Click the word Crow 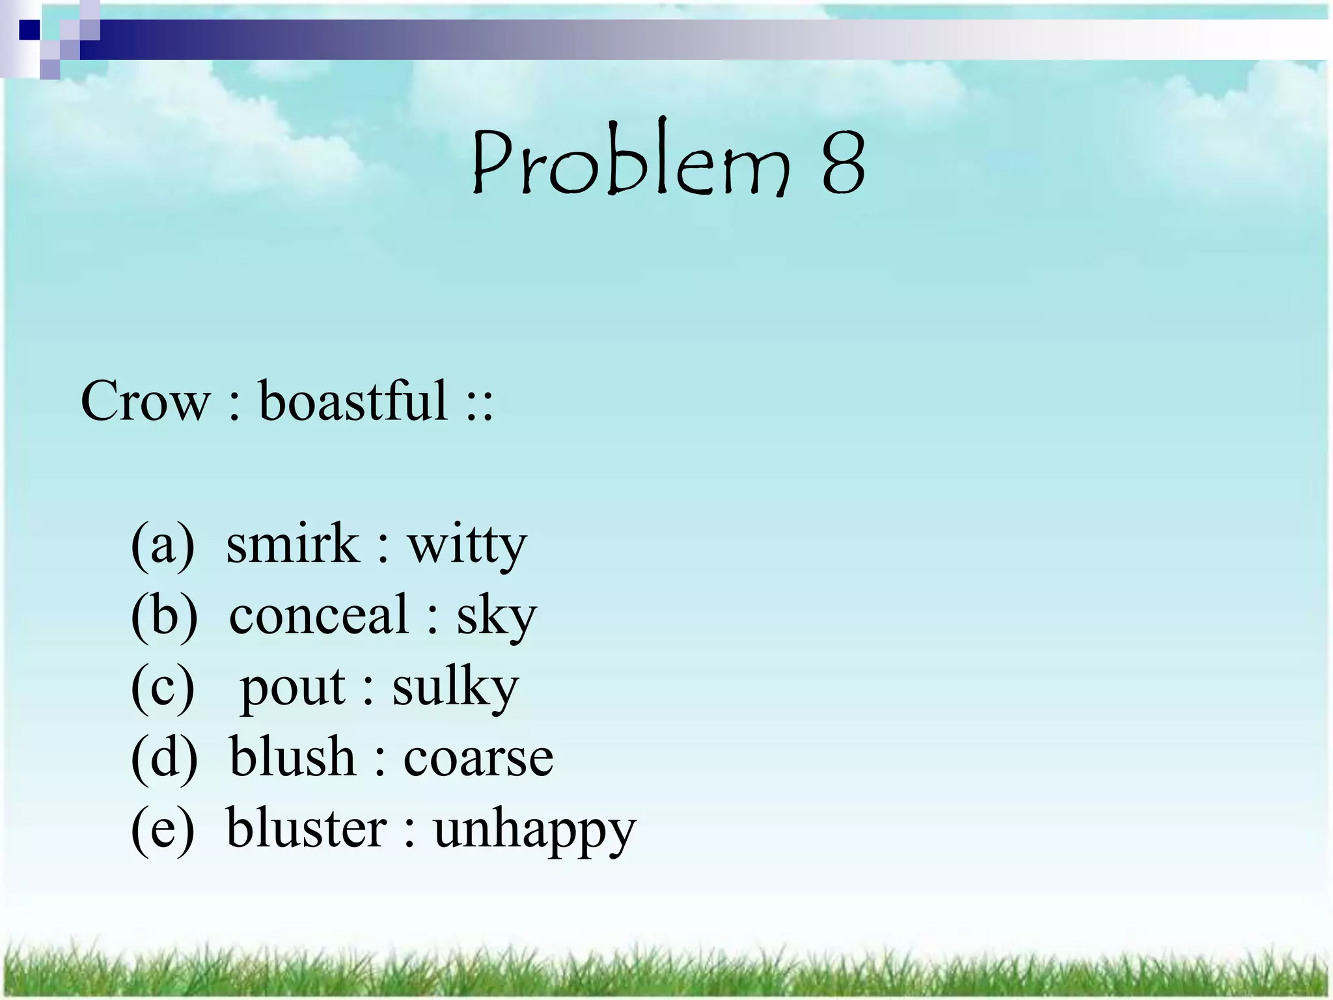145,401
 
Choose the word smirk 293,544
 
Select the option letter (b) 164,615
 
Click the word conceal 319,615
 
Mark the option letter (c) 163,687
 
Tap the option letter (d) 164,758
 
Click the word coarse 478,760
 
